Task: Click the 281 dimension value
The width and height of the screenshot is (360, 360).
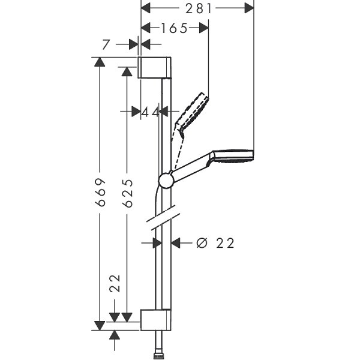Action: [x=198, y=9]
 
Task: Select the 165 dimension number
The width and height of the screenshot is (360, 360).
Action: [x=175, y=28]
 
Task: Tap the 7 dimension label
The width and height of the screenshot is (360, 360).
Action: [x=106, y=44]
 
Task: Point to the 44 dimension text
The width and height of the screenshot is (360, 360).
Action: [x=149, y=112]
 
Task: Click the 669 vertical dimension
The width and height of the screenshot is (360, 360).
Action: [x=101, y=192]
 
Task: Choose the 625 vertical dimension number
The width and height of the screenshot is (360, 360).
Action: [x=127, y=193]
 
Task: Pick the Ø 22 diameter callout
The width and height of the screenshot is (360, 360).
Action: [x=215, y=243]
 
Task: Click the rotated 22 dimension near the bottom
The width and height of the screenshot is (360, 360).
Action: [x=115, y=283]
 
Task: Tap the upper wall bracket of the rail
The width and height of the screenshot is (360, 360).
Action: [x=155, y=67]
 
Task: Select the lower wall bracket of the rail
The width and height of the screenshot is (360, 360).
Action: [x=155, y=320]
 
